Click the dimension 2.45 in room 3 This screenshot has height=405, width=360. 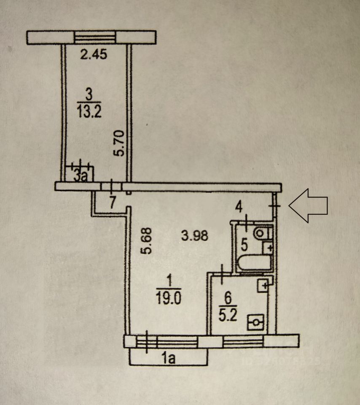[94, 54]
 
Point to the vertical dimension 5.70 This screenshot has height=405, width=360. [120, 143]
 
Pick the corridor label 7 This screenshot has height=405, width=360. [112, 202]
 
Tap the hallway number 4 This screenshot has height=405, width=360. [239, 207]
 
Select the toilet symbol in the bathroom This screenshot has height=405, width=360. [263, 232]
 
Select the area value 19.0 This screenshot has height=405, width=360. [169, 299]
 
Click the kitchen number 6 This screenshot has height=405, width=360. [228, 297]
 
